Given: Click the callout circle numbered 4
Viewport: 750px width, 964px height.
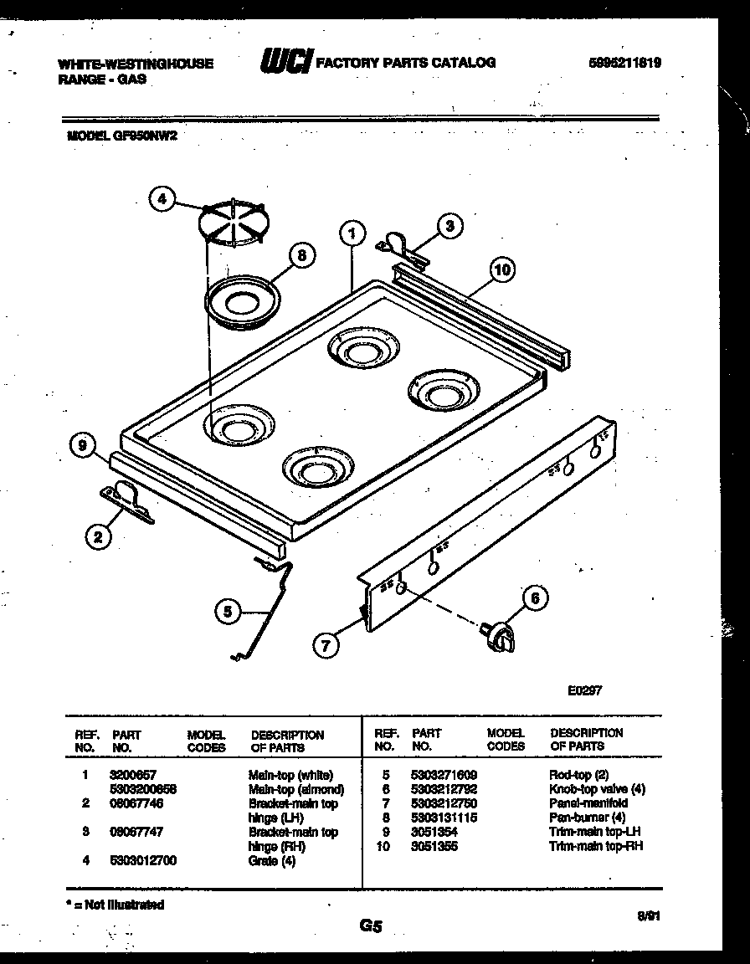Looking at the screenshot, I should coord(164,199).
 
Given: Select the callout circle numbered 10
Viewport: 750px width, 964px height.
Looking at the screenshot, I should coord(501,269).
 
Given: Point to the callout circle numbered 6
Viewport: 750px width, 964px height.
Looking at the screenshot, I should coord(536,598).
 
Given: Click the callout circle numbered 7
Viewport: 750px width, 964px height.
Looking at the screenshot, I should coord(327,644).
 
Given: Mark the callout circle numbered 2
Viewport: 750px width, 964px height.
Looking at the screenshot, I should coord(98,537).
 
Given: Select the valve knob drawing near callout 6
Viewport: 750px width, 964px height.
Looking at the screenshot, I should coord(498,635).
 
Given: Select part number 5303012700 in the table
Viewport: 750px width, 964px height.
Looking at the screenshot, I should coord(143,860).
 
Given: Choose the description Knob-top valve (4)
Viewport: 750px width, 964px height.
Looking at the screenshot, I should coord(597,789).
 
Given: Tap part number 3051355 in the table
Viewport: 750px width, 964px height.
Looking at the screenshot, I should coord(434,846).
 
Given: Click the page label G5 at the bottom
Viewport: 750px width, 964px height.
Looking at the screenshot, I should coord(371,926).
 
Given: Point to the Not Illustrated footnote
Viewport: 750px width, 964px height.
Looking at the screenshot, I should coord(115,905).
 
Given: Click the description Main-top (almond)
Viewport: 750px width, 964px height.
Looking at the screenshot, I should coord(296,789).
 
